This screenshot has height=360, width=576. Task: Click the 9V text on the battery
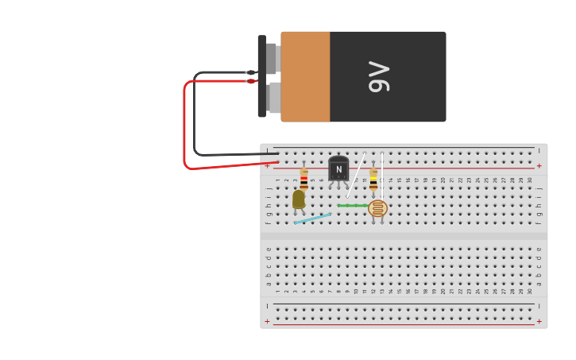pyautogui.click(x=379, y=76)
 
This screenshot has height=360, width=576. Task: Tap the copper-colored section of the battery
pyautogui.click(x=305, y=76)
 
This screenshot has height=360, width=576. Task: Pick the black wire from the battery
pyautogui.click(x=195, y=119)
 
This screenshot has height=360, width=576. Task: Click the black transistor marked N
pyautogui.click(x=338, y=168)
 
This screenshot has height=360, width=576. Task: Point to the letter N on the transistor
pyautogui.click(x=338, y=169)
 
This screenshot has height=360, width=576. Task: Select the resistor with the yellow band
pyautogui.click(x=373, y=180)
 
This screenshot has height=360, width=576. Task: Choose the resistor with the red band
pyautogui.click(x=303, y=179)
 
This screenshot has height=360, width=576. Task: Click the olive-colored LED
pyautogui.click(x=299, y=199)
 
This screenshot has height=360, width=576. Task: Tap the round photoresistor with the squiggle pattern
pyautogui.click(x=378, y=208)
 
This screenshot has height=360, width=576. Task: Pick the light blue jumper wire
pyautogui.click(x=312, y=218)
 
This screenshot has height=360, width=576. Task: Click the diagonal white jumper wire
pyautogui.click(x=356, y=175)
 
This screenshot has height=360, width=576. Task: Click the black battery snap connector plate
pyautogui.click(x=261, y=76)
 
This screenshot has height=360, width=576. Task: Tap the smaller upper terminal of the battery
pyautogui.click(x=271, y=59)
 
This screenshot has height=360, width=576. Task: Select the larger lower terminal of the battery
pyautogui.click(x=273, y=97)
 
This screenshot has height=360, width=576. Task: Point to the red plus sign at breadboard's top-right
pyautogui.click(x=539, y=166)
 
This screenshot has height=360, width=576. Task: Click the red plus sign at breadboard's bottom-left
pyautogui.click(x=267, y=322)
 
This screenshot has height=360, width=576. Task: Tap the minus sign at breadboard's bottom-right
pyautogui.click(x=539, y=305)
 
